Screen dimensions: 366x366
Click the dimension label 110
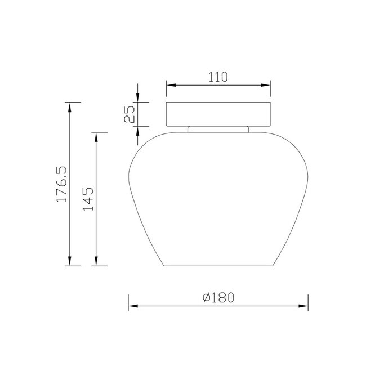coord(218,77)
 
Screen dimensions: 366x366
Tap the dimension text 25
coord(130,114)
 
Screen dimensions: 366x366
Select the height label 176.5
coord(61,184)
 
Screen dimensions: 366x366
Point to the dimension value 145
coord(88,199)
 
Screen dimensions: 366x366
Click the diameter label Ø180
coord(218,298)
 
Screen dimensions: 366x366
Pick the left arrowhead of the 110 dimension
coord(171,85)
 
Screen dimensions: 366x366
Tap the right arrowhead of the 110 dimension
coord(266,85)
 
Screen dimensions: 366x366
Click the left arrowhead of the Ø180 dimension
coord(133,306)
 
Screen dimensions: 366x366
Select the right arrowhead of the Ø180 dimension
coord(303,306)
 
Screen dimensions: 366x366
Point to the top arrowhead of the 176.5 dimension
coord(70,107)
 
